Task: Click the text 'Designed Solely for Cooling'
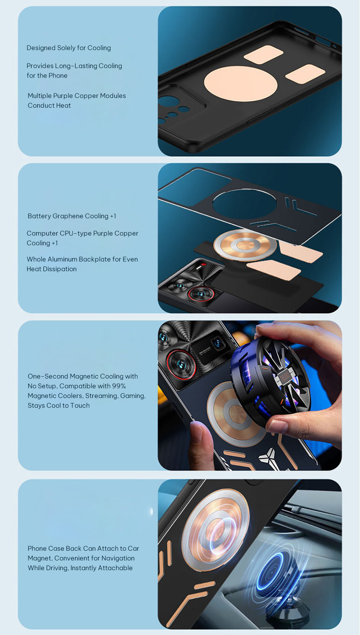[x=69, y=48]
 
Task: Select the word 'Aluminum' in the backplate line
[x=63, y=259]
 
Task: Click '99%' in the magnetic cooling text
[x=119, y=386]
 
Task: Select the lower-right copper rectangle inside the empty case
[x=305, y=74]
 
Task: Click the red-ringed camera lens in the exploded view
[x=201, y=294]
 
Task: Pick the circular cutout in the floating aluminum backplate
[x=244, y=204]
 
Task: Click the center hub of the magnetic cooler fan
[x=284, y=377]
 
